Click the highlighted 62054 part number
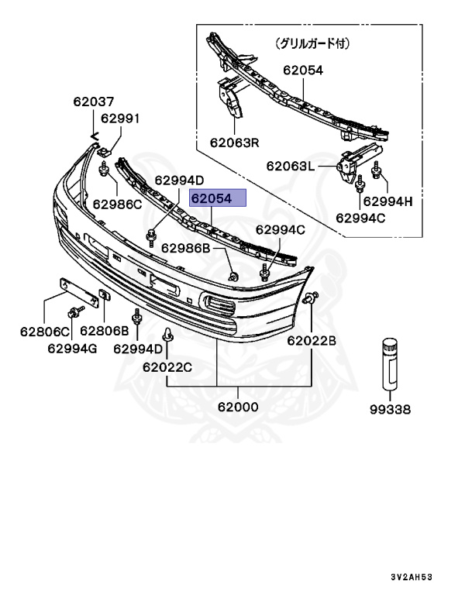[x=219, y=199]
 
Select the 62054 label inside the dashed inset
[x=302, y=70]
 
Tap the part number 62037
[x=94, y=101]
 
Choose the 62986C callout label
[x=117, y=205]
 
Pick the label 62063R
[x=233, y=143]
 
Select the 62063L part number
[x=291, y=165]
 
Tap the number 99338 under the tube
[x=389, y=409]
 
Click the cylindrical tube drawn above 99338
[x=389, y=362]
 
